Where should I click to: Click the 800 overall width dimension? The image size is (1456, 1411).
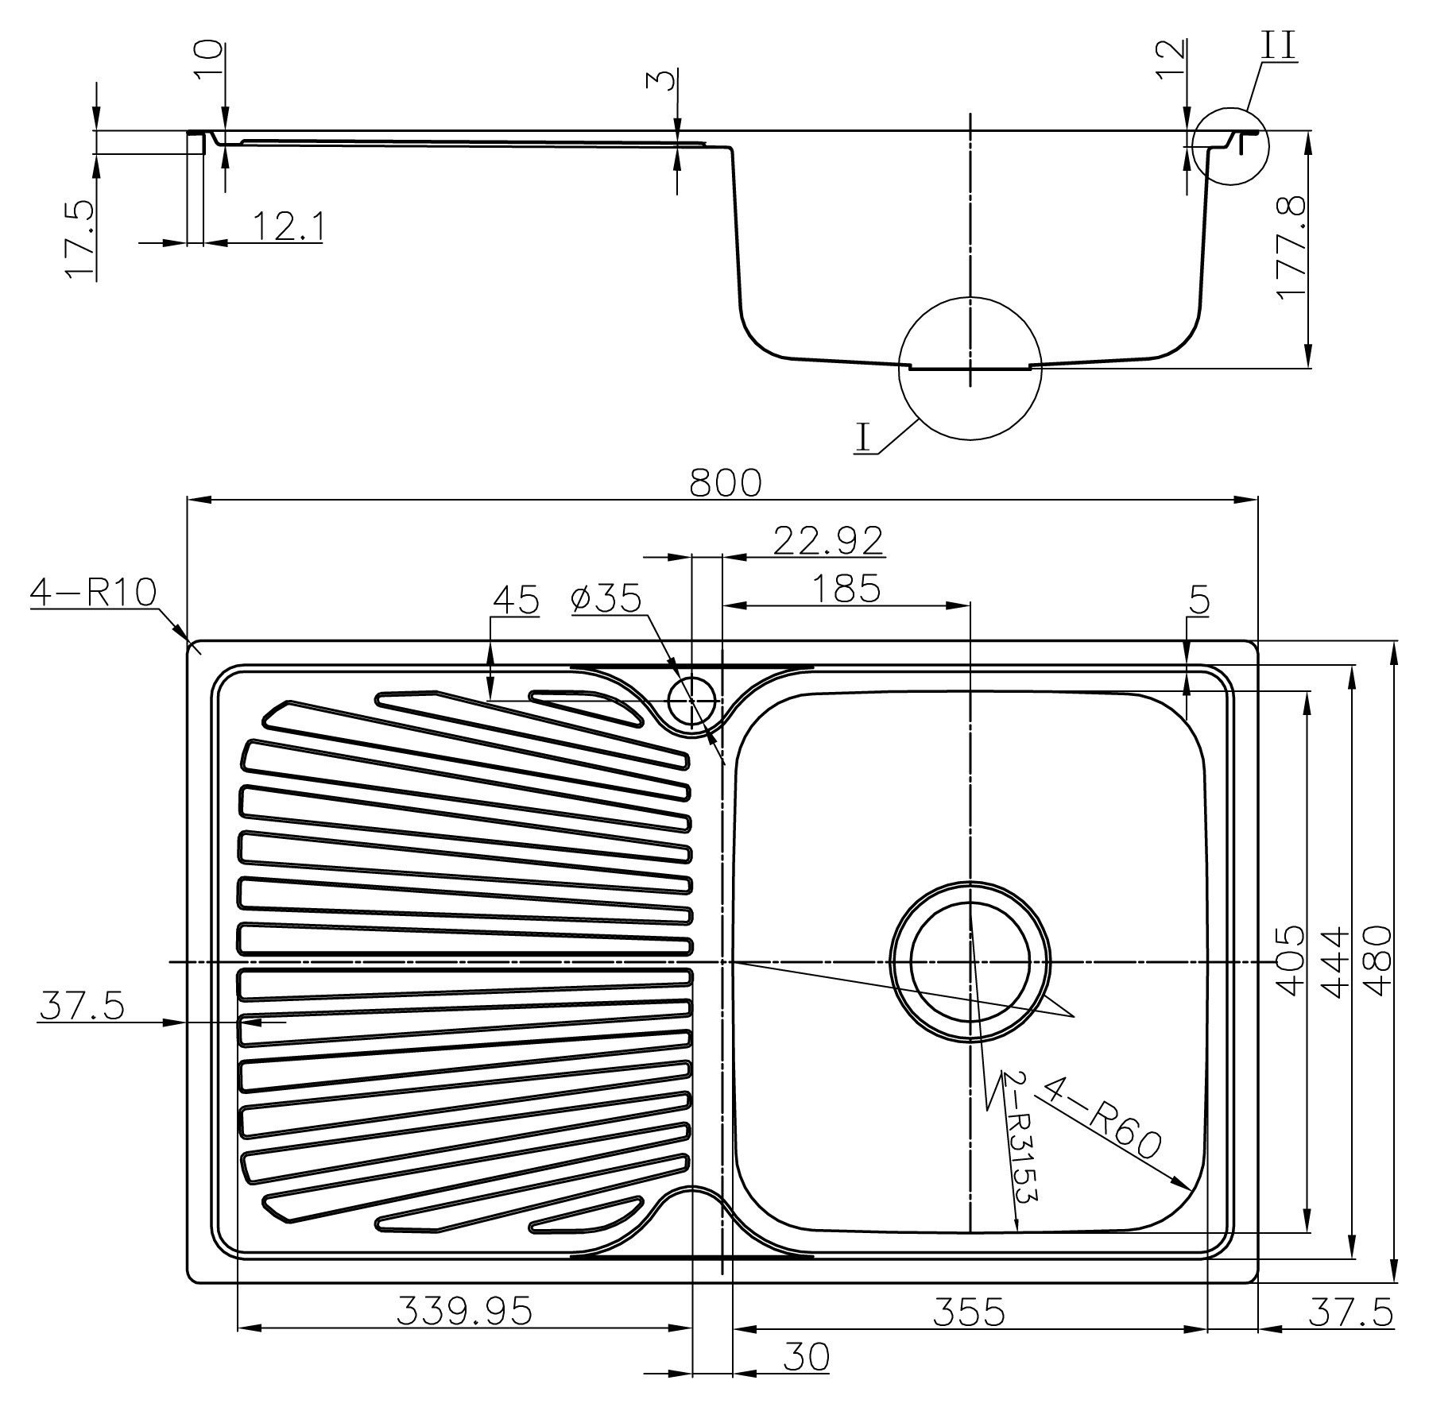[725, 482]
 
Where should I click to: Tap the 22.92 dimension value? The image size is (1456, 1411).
[828, 541]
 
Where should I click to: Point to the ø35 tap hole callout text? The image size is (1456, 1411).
[606, 599]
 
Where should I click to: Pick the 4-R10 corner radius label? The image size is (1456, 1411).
[93, 592]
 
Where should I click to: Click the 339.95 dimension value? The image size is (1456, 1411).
[464, 1312]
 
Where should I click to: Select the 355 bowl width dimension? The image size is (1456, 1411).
[969, 1312]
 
